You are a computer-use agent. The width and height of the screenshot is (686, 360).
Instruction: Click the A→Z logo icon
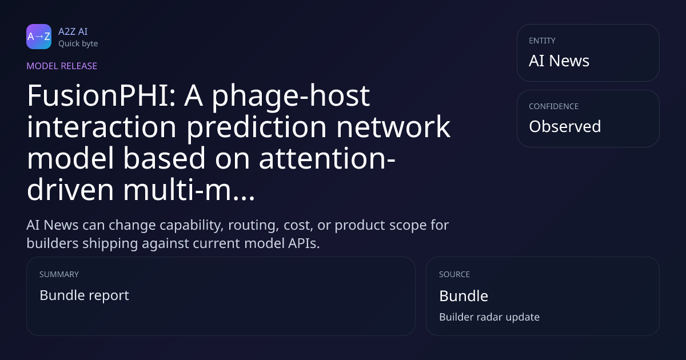pyautogui.click(x=39, y=37)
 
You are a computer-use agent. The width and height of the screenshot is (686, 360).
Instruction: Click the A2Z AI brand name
pyautogui.click(x=73, y=31)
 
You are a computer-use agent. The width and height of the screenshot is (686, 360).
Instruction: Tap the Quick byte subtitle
pyautogui.click(x=78, y=44)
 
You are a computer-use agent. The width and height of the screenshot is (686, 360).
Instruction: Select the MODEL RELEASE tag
pyautogui.click(x=62, y=66)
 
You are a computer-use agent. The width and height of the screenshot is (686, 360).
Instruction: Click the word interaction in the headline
pyautogui.click(x=102, y=127)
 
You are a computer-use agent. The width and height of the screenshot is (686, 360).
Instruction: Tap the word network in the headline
pyautogui.click(x=393, y=127)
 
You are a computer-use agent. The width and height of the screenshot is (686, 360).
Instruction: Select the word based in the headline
pyautogui.click(x=164, y=158)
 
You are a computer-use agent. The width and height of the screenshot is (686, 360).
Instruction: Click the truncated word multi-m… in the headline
pyautogui.click(x=189, y=190)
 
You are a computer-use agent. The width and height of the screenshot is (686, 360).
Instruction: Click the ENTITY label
pyautogui.click(x=542, y=41)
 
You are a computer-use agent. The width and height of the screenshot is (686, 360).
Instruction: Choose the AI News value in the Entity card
pyautogui.click(x=559, y=61)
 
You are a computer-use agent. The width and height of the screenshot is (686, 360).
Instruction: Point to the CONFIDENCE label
pyautogui.click(x=554, y=106)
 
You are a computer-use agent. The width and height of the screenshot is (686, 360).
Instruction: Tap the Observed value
pyautogui.click(x=565, y=126)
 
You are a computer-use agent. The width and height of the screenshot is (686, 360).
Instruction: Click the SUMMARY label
pyautogui.click(x=59, y=274)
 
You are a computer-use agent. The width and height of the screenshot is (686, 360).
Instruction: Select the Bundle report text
pyautogui.click(x=84, y=295)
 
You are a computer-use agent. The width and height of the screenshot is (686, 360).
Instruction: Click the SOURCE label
pyautogui.click(x=454, y=274)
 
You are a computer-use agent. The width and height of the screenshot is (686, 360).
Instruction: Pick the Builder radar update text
pyautogui.click(x=489, y=317)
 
